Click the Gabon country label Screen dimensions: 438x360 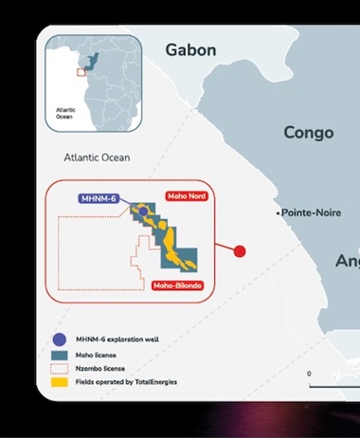coord(190,50)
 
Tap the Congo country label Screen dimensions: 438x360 coord(309,133)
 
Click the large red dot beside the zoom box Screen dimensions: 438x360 coord(240,251)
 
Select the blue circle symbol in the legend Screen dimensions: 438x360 coord(60,339)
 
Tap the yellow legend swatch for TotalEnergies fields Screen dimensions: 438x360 coord(60,382)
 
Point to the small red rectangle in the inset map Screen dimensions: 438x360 coord(81,72)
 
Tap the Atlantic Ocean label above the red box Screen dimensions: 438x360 coord(97,157)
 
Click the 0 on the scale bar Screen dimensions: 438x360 coord(309,374)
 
